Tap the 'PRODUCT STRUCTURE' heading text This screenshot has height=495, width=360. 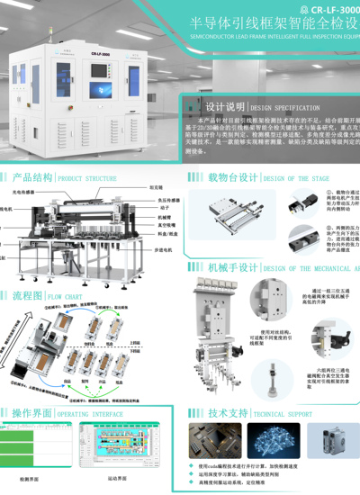pyautogui.click(x=87, y=178)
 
